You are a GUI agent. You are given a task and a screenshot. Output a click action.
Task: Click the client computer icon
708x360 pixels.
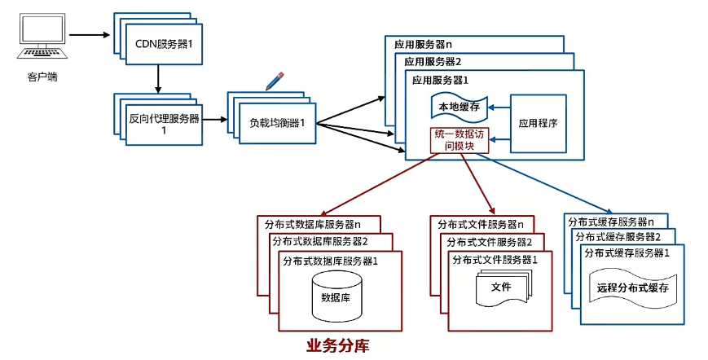(x=42, y=41)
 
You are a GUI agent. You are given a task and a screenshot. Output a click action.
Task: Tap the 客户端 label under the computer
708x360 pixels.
(x=42, y=78)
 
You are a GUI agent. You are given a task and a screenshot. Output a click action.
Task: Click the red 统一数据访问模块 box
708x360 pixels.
(x=460, y=141)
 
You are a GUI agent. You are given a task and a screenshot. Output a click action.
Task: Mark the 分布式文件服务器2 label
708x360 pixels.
(x=490, y=242)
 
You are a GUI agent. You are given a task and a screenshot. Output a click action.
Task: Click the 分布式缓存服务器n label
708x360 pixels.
(x=611, y=222)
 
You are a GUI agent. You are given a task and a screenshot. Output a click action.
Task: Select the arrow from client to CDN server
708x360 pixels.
(x=89, y=35)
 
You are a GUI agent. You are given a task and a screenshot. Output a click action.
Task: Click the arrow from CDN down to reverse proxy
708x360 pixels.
(x=157, y=78)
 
